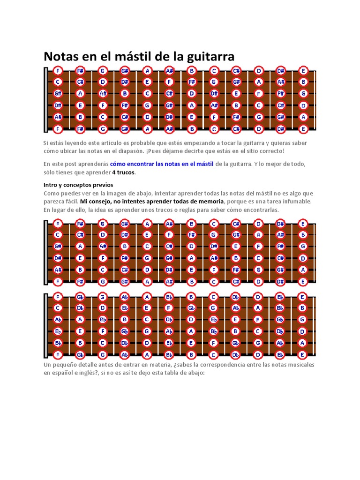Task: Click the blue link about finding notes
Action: [x=162, y=164]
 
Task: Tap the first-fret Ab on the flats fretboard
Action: [x=58, y=320]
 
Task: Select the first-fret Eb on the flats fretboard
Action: [x=58, y=331]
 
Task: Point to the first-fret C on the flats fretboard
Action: [x=58, y=308]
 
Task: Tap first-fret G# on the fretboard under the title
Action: [x=58, y=93]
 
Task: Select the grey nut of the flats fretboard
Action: [x=45, y=325]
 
